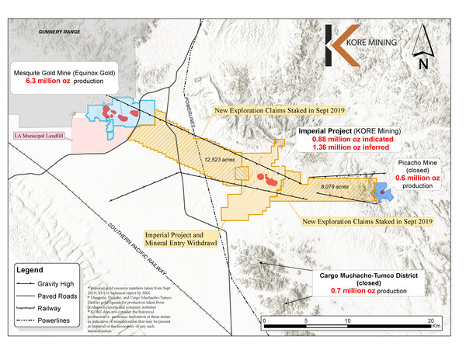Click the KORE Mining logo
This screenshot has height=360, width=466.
pyautogui.click(x=363, y=39)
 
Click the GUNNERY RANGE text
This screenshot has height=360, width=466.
pyautogui.click(x=61, y=32)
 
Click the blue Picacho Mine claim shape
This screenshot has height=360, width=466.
pyautogui.click(x=383, y=191)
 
